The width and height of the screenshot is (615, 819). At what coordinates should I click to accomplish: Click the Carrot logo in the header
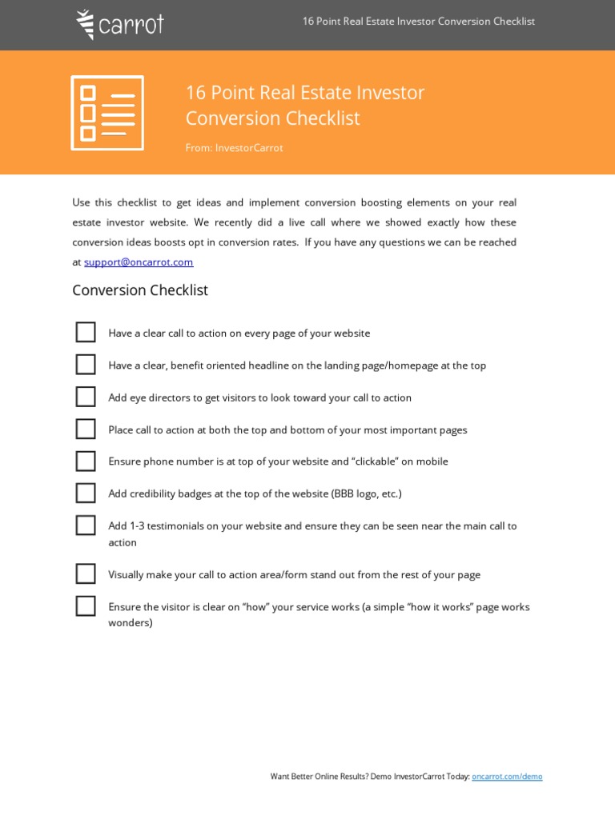[120, 24]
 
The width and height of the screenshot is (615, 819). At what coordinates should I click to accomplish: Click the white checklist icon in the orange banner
[107, 113]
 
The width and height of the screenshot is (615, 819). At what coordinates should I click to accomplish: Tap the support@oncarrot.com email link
[139, 262]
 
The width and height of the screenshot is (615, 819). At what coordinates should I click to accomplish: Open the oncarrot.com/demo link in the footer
[507, 777]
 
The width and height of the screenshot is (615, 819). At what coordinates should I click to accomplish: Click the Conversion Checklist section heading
[140, 290]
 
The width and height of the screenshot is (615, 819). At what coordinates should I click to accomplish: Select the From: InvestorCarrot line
[234, 148]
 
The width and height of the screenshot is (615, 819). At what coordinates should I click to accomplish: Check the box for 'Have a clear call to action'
[86, 333]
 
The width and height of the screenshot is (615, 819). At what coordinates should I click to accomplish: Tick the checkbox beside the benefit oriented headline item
[86, 365]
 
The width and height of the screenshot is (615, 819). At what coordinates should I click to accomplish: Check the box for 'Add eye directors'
[86, 397]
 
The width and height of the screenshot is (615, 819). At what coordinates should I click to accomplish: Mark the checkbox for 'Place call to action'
[86, 429]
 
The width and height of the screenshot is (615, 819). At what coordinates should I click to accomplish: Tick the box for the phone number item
[86, 461]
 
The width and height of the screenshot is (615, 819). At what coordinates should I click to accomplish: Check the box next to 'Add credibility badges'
[86, 493]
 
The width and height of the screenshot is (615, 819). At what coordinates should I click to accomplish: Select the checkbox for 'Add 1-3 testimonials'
[86, 525]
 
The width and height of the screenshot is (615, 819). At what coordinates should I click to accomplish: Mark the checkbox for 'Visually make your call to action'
[86, 574]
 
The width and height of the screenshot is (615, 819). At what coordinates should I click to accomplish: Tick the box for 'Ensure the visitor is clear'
[86, 606]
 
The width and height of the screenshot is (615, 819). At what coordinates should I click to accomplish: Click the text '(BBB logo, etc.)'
[366, 494]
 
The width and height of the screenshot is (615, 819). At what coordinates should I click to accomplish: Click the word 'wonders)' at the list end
[131, 623]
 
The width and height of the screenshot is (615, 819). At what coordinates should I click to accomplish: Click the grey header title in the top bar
[418, 22]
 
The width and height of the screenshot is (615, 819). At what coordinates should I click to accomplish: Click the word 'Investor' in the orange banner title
[392, 93]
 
